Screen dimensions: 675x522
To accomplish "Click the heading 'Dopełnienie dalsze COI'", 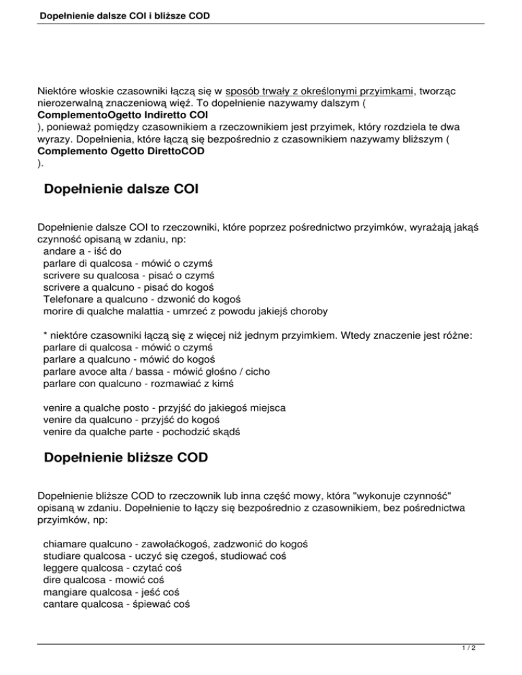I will point(120,188).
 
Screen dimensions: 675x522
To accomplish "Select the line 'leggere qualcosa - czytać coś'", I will point(119,568).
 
